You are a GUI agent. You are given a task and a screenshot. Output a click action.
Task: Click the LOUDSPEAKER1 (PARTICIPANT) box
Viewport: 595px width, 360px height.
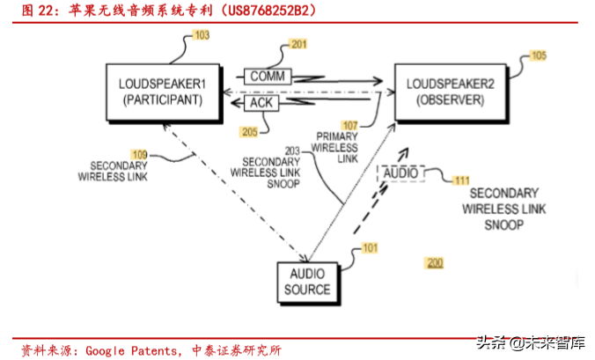(x=162, y=92)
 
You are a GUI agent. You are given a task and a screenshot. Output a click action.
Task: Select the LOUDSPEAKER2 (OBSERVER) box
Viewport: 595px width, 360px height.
(x=444, y=92)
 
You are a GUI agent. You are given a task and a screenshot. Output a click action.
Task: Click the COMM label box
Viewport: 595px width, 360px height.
(x=265, y=77)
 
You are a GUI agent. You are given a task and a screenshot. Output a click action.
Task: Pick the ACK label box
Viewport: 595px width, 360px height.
(x=261, y=103)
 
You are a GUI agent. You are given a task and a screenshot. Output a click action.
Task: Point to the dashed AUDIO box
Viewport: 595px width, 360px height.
(x=401, y=173)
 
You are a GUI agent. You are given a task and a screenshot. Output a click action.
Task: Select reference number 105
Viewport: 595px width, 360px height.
(x=538, y=55)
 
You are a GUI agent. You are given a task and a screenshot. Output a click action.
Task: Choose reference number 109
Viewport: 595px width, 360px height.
(x=139, y=153)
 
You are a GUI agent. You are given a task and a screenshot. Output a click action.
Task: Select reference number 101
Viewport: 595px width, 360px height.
(x=371, y=248)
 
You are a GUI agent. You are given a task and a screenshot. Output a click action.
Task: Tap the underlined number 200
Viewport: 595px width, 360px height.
(x=434, y=263)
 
